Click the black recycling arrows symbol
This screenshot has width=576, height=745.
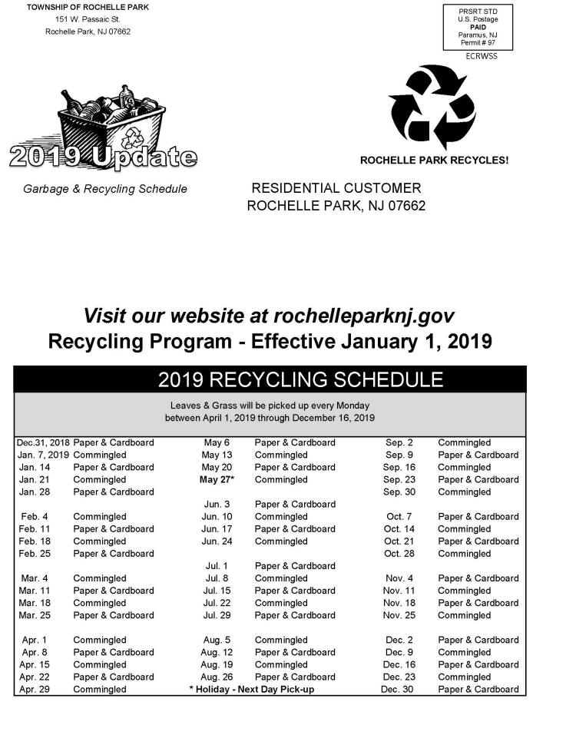[432, 108]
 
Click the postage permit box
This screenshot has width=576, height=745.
[478, 27]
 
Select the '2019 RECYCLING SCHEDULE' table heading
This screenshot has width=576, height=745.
[300, 379]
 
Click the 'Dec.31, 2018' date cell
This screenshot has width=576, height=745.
[43, 443]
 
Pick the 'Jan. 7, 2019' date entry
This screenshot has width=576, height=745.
[43, 455]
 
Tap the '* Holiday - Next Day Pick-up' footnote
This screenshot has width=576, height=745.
[252, 690]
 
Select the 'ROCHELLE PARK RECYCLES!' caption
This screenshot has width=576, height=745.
[434, 161]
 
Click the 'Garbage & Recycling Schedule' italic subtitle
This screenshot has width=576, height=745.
[105, 189]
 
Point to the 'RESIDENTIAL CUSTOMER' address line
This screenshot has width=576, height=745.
[336, 188]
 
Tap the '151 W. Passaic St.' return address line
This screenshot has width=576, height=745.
[88, 19]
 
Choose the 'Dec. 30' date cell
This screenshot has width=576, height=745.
[397, 690]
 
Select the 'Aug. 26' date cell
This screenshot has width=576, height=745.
[215, 677]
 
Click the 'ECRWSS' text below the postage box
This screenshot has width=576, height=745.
[482, 57]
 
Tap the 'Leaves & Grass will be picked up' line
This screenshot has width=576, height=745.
[270, 405]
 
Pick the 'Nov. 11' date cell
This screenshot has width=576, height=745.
[399, 591]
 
